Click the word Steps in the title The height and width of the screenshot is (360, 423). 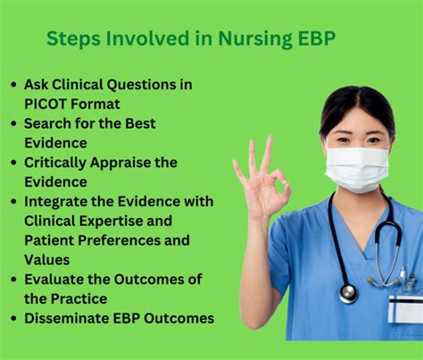click(73, 40)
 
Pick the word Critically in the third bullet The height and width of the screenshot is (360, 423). click(61, 163)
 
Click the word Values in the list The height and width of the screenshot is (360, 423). click(47, 260)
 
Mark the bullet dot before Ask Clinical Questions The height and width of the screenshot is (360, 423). click(13, 85)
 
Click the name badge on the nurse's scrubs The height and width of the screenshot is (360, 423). click(404, 308)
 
